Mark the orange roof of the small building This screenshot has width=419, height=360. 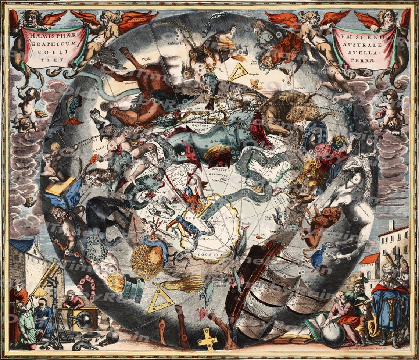click(369, 259)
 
